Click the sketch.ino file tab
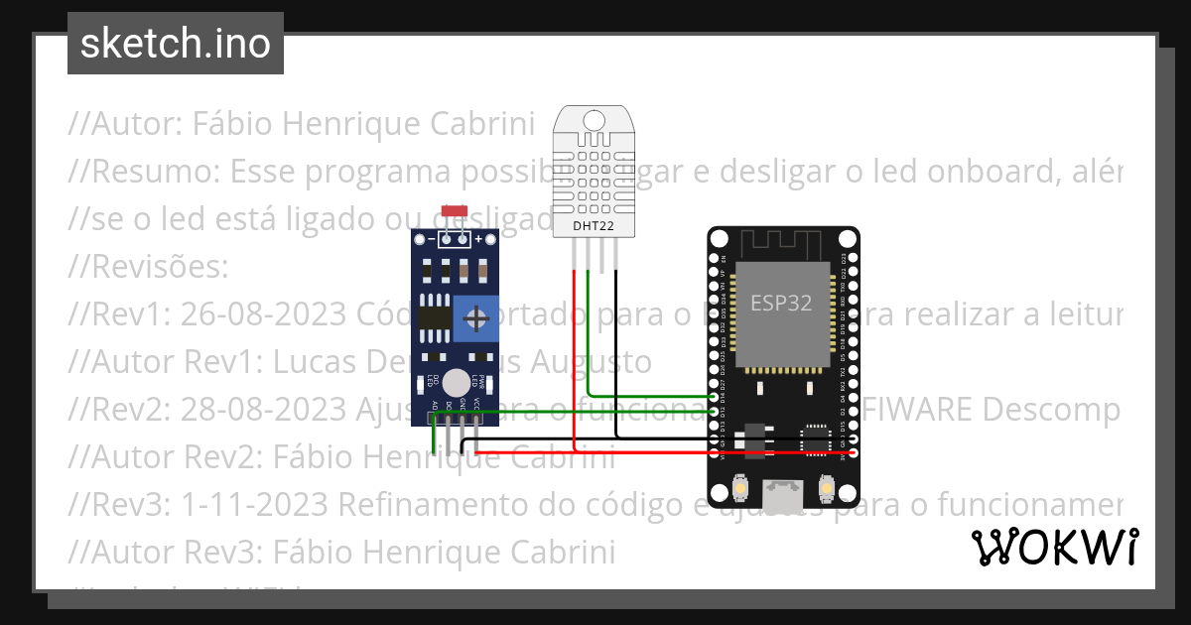pyautogui.click(x=176, y=44)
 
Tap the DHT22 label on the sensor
pyautogui.click(x=594, y=227)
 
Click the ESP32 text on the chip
pyautogui.click(x=781, y=304)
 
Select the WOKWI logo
pyautogui.click(x=1054, y=547)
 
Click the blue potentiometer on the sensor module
pyautogui.click(x=477, y=318)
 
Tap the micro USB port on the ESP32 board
pyautogui.click(x=783, y=493)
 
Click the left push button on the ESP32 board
pyautogui.click(x=740, y=489)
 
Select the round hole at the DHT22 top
pyautogui.click(x=594, y=120)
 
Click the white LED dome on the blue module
pyautogui.click(x=457, y=382)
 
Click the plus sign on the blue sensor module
pyautogui.click(x=479, y=239)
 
